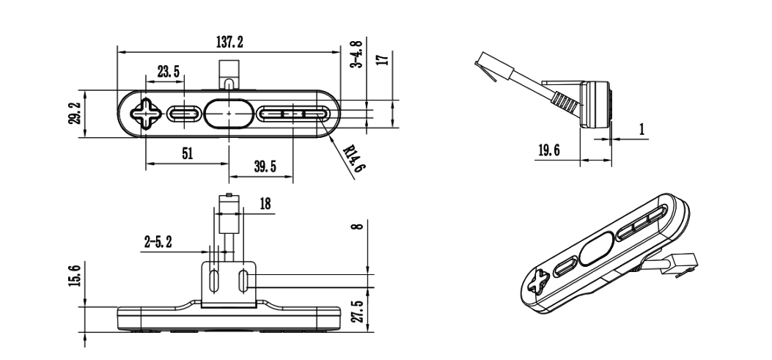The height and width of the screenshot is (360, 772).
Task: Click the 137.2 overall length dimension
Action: coord(229,43)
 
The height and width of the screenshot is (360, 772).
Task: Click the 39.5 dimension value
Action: coord(265,166)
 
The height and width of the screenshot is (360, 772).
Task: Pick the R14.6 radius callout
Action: coord(353,157)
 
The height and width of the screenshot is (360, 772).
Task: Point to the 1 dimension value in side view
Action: coord(642,130)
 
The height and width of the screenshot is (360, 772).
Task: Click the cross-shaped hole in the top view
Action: coord(145,114)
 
